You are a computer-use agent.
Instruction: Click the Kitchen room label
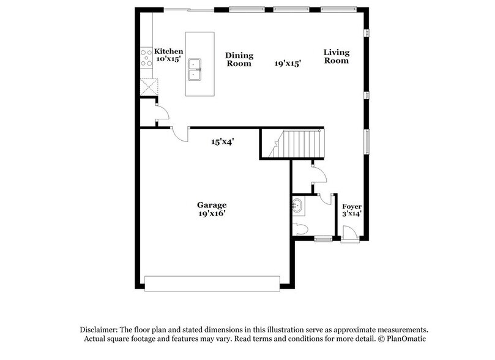[x=168, y=51]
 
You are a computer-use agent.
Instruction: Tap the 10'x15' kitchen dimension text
[x=169, y=59]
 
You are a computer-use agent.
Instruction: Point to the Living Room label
[x=337, y=56]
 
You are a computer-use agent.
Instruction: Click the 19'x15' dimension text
[x=288, y=62]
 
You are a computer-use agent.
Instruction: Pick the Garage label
[x=212, y=204]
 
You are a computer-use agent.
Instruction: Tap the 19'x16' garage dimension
[x=212, y=213]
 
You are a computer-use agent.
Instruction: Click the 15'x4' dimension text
[x=223, y=141]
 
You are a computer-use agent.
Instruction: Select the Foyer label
[x=352, y=206]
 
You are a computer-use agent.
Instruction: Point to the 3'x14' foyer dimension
[x=352, y=214]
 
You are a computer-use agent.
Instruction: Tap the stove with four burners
[x=147, y=58]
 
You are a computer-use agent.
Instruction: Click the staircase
[x=300, y=144]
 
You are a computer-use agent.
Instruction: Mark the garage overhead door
[x=212, y=281]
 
